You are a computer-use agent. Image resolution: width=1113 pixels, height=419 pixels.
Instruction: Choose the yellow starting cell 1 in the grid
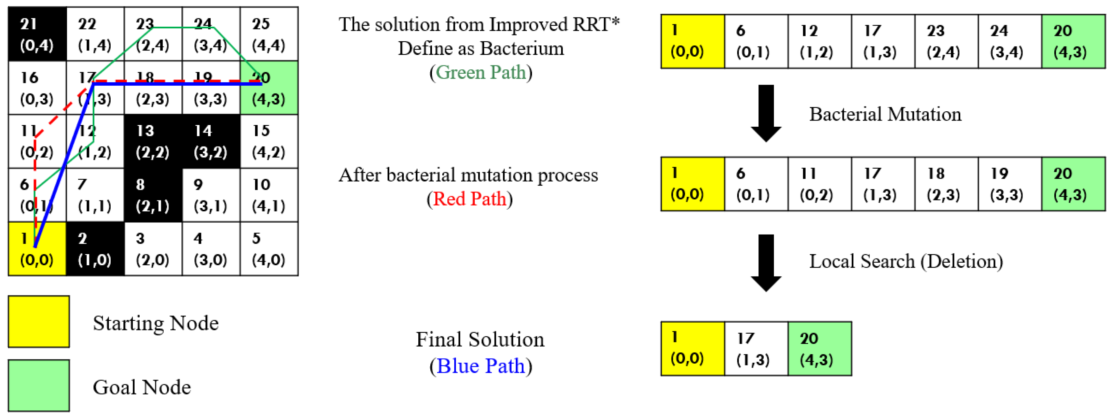point(37,249)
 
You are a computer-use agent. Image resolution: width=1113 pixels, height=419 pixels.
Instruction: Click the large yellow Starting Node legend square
point(39,322)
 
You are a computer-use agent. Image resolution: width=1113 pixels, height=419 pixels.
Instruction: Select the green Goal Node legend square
point(39,385)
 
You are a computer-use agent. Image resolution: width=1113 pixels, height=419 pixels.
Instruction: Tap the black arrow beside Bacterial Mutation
point(766,113)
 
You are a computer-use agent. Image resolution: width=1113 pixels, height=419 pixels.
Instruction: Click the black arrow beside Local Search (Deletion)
point(766,263)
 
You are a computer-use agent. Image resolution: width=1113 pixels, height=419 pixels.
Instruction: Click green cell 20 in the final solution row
point(819,349)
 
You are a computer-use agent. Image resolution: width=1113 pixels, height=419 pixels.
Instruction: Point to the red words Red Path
point(469,199)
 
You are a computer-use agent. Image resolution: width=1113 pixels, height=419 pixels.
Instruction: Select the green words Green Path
point(481,72)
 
